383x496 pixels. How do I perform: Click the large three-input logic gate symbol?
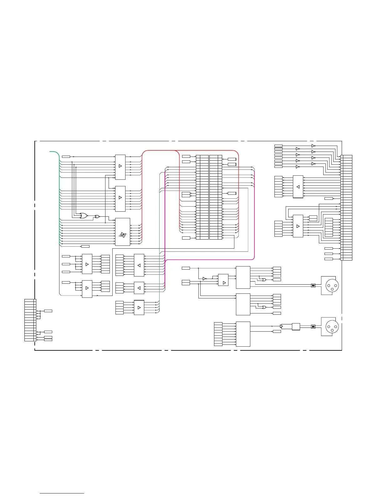tap(84, 216)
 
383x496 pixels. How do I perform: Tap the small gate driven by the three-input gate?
tap(97, 216)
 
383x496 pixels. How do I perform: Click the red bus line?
tap(142, 194)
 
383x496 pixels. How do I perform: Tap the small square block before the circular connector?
tap(296, 327)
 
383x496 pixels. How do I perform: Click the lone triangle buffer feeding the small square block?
tap(281, 327)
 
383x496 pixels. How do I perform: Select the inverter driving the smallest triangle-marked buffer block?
tap(204, 279)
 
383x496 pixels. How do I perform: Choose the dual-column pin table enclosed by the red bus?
tap(209, 197)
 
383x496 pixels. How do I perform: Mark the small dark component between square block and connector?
tap(313, 327)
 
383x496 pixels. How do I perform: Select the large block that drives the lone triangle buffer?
tap(243, 334)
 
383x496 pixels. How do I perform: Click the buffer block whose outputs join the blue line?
tap(139, 307)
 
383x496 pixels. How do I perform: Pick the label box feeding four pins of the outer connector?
tap(48, 311)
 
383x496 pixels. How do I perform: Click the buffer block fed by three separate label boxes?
tap(87, 264)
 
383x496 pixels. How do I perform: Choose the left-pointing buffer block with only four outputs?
tap(139, 288)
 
